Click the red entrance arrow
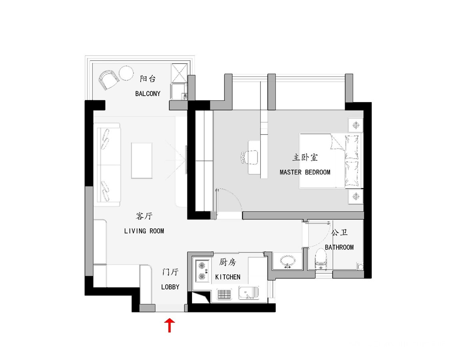pos(169,325)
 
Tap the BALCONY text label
pos(148,94)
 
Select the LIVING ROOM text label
pos(144,231)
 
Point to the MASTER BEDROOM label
pos(305,172)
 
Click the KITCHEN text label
pos(228,277)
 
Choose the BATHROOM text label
pos(339,247)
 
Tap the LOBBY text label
pos(170,287)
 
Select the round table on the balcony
pos(126,73)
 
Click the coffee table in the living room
pos(142,160)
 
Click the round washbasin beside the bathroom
pos(288,261)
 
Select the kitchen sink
pos(249,293)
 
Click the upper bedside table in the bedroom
pos(356,125)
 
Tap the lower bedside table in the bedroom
pos(356,197)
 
